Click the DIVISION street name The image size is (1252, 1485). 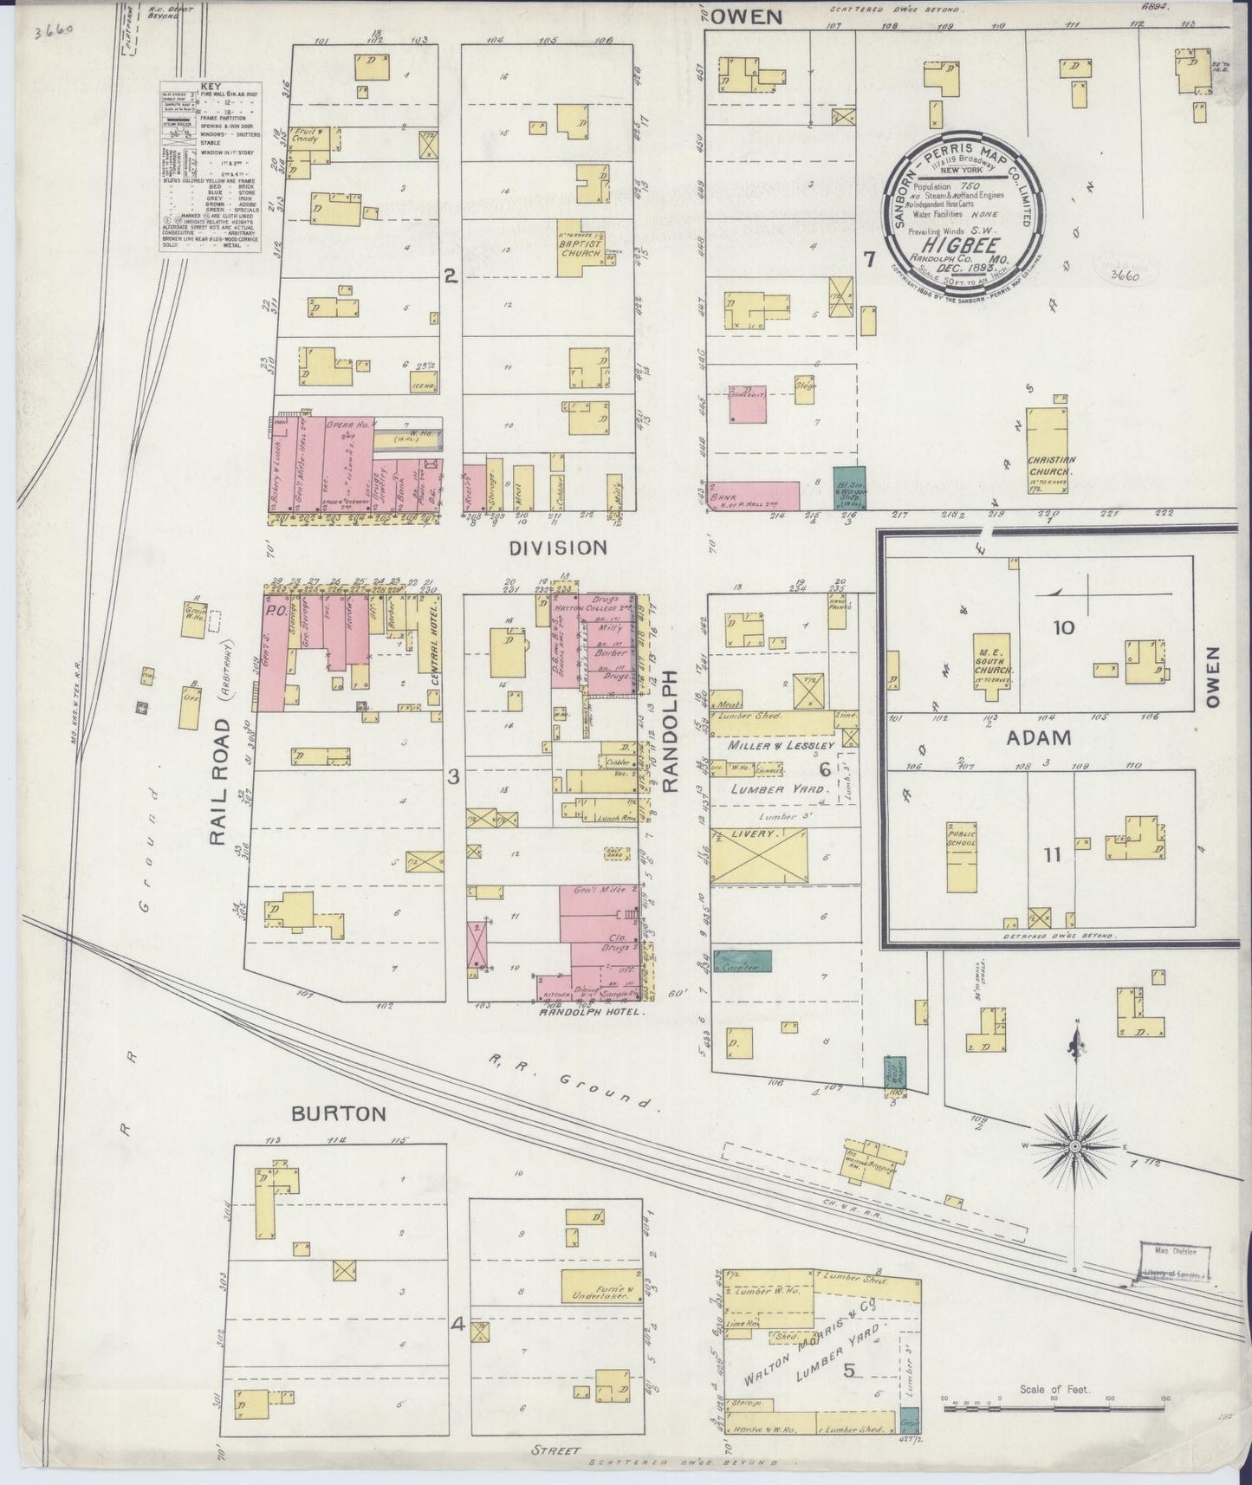tap(557, 548)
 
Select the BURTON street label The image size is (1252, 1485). tap(338, 1113)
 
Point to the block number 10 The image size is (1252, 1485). tap(1063, 627)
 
